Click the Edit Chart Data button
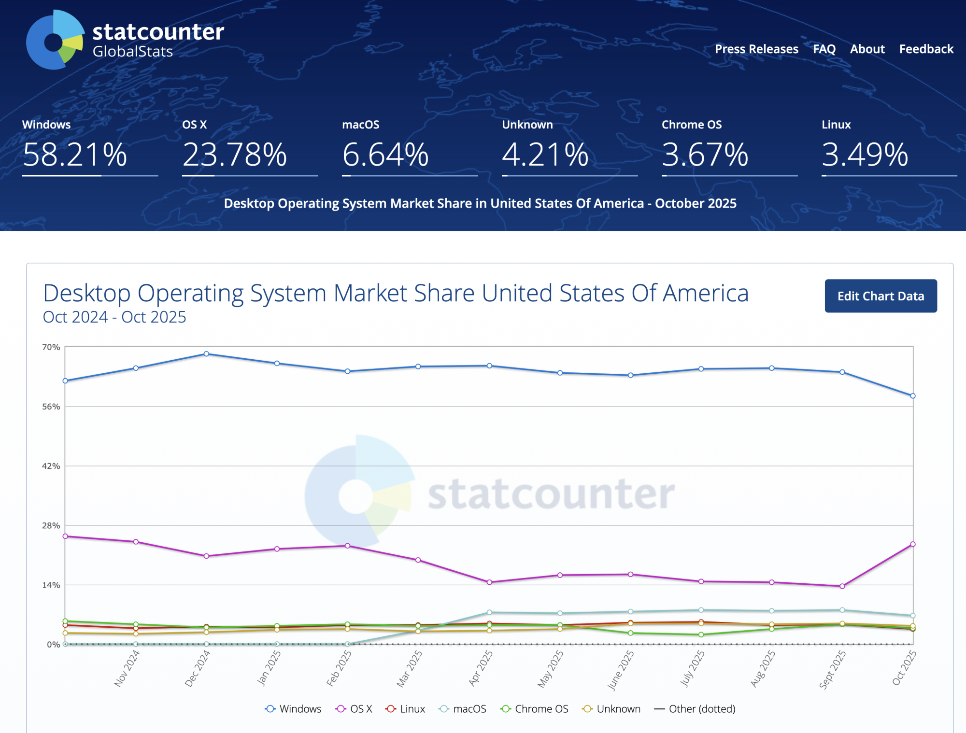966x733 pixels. [x=881, y=296]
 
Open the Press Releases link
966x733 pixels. [x=756, y=49]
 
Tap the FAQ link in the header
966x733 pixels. [x=824, y=49]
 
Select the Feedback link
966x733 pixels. [x=926, y=49]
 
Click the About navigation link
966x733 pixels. [x=867, y=49]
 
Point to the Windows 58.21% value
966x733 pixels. [x=75, y=155]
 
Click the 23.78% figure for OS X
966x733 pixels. [x=235, y=155]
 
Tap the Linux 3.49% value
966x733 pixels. [x=865, y=155]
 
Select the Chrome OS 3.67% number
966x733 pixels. [x=705, y=155]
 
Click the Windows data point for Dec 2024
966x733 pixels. [x=207, y=354]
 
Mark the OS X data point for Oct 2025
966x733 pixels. [x=913, y=544]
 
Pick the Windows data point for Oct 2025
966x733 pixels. [x=913, y=396]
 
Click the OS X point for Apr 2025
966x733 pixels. [x=489, y=582]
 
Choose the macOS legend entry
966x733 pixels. [x=462, y=709]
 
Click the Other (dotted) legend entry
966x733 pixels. [x=695, y=709]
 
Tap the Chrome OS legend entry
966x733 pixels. [x=535, y=709]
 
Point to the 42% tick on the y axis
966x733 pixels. [x=51, y=466]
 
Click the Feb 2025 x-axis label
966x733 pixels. [x=339, y=668]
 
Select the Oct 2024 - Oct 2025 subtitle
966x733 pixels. [x=114, y=317]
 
